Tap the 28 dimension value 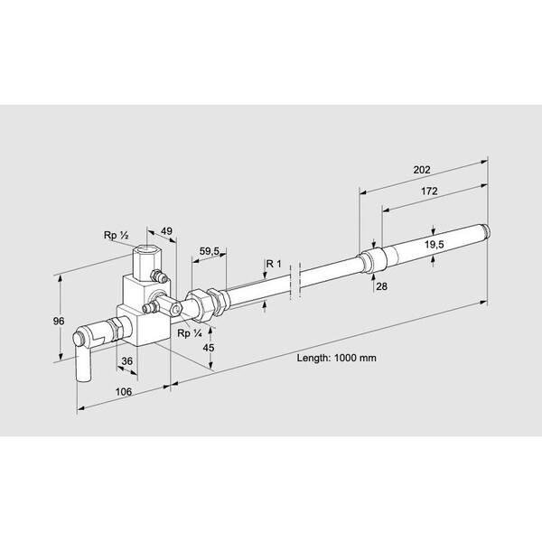[x=383, y=286]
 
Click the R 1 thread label [x=274, y=263]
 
